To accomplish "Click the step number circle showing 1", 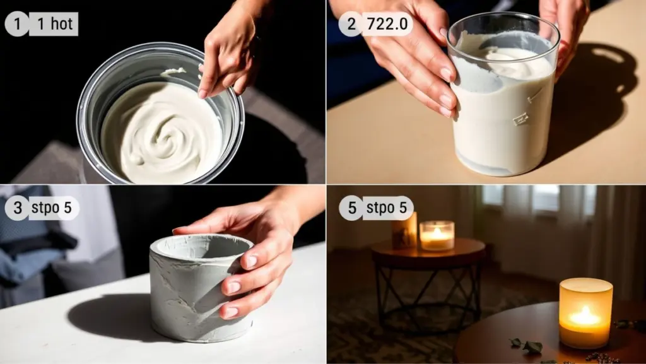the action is point(17,25).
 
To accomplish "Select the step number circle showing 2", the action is point(351,24).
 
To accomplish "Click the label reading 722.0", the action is point(387,24).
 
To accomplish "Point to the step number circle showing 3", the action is point(17,208).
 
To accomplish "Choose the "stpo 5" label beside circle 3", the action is point(52,208).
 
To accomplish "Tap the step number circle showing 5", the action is point(351,208).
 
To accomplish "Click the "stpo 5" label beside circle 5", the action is point(387,208).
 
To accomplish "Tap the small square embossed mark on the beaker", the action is point(520,119).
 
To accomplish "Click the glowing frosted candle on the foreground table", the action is point(585,313).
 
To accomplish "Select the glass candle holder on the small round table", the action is point(437,235).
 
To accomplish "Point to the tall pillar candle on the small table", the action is point(404,231).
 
